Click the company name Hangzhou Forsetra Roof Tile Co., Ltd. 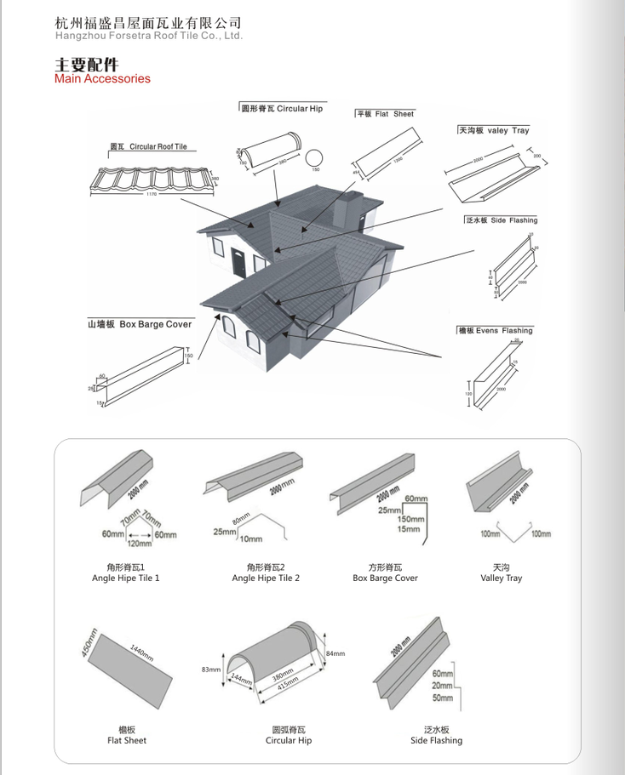pos(149,37)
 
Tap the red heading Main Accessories pos(102,79)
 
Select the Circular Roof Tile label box pos(148,147)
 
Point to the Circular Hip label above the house pos(282,109)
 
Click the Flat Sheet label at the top pos(385,114)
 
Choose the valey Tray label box pos(494,130)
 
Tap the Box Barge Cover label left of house pos(139,324)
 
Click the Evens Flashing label pos(495,330)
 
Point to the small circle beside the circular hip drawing pos(315,158)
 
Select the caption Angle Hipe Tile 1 pos(126,578)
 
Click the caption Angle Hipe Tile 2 pos(266,578)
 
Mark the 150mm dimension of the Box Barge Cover pos(410,519)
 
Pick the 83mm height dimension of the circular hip pos(210,670)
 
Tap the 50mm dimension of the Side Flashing pos(443,698)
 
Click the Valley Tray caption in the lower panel pos(502,578)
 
